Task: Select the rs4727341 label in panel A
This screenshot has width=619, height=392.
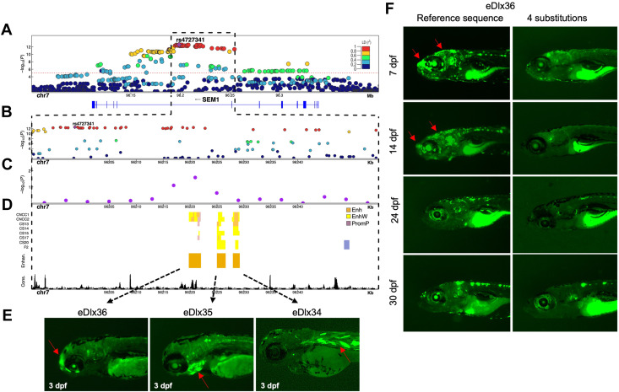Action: click(x=191, y=39)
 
